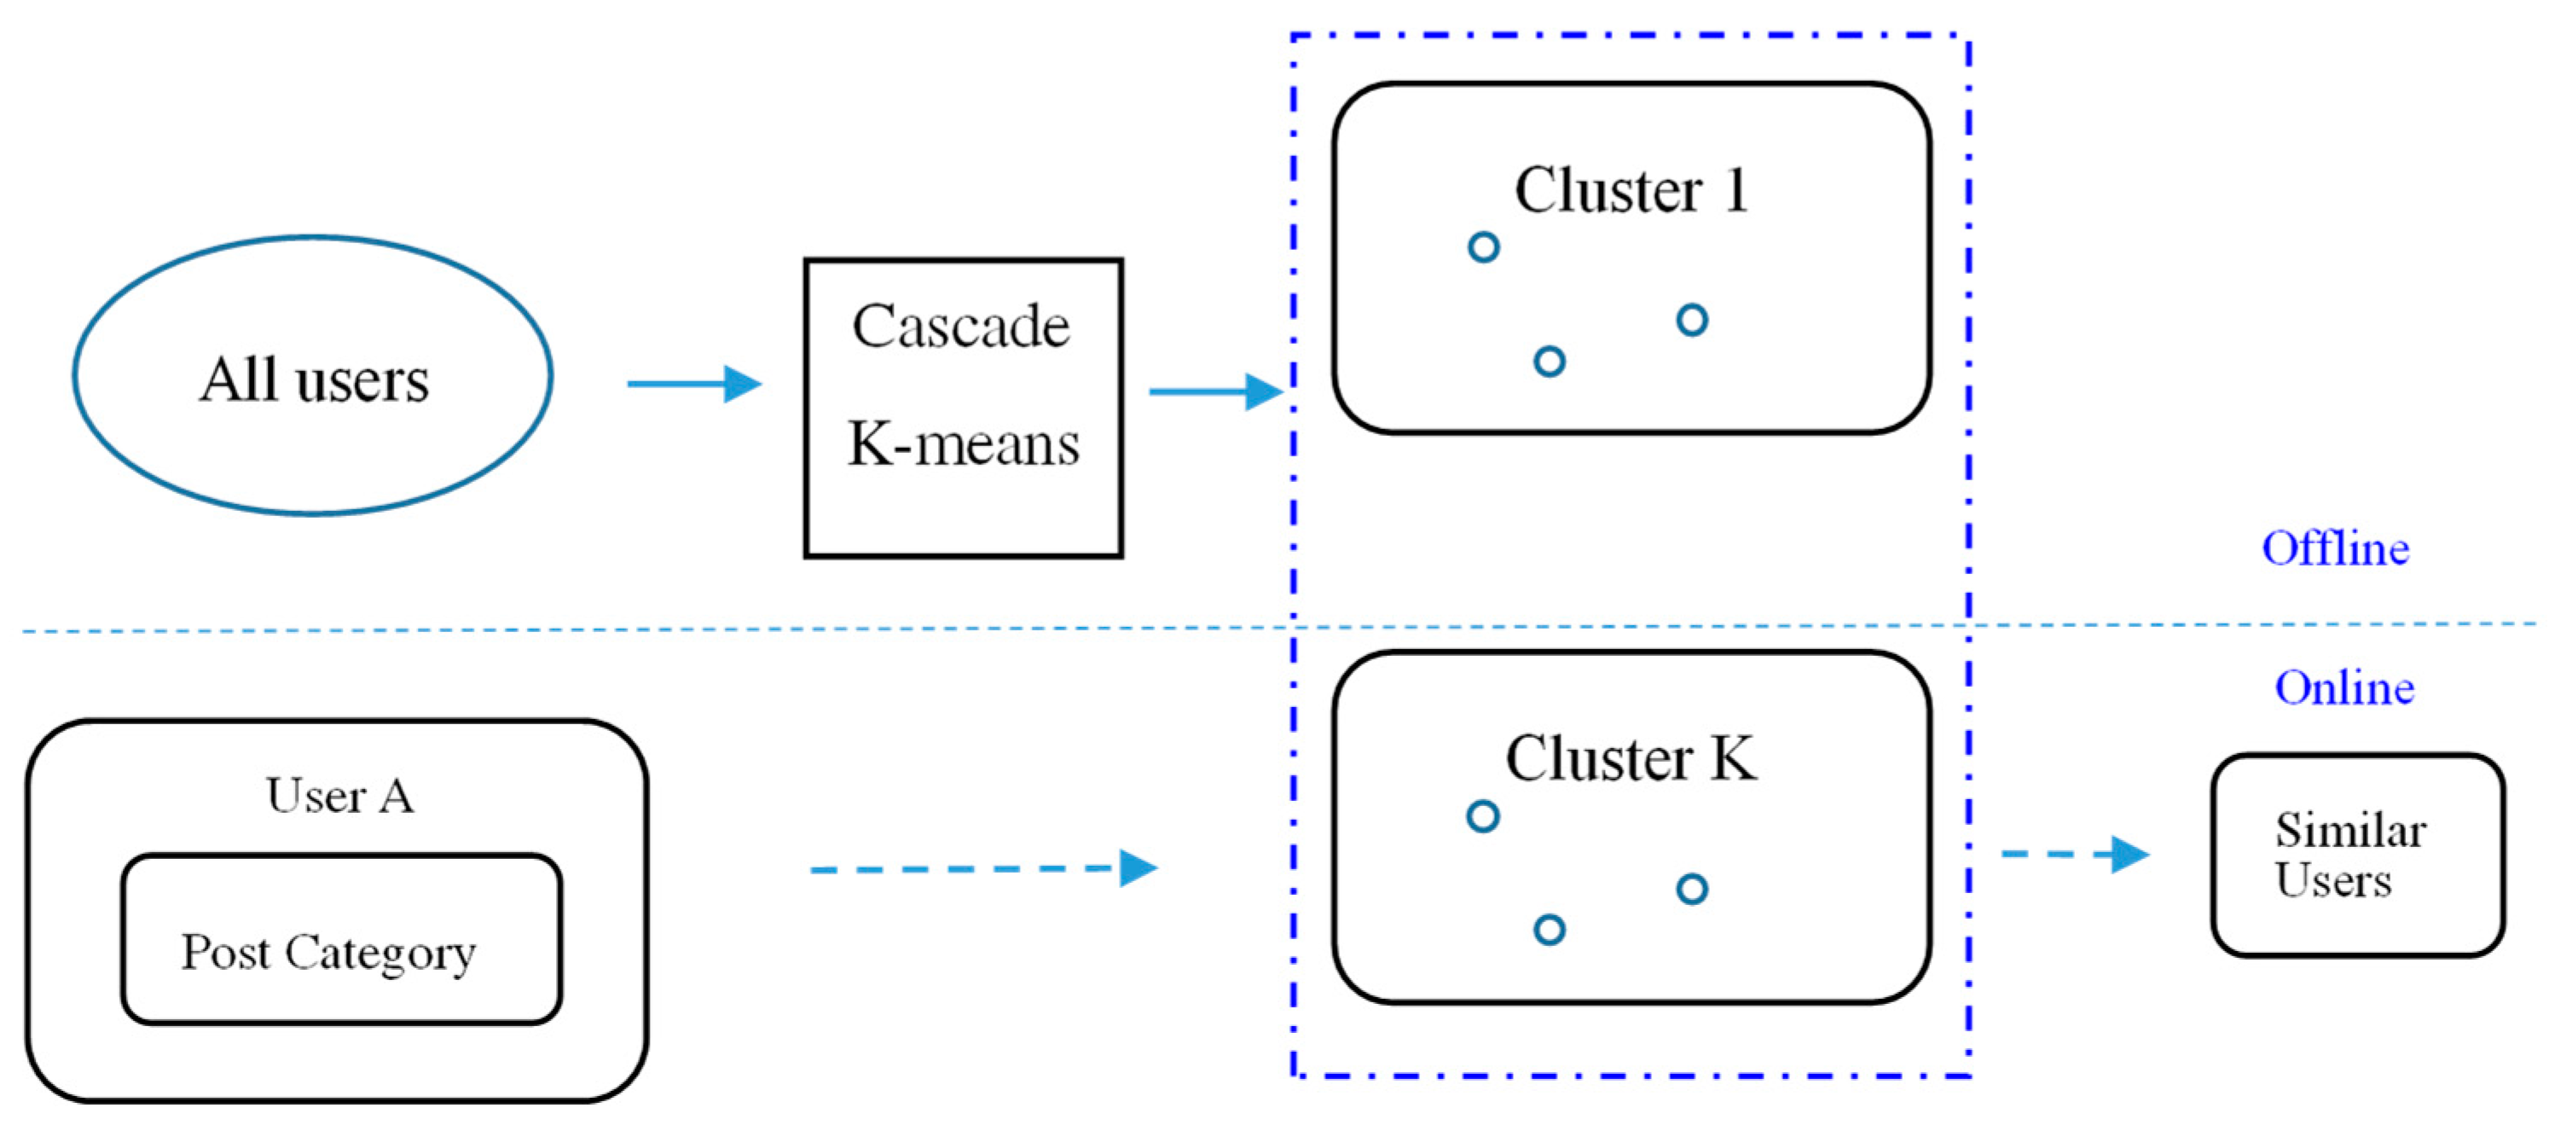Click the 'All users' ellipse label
click(x=314, y=379)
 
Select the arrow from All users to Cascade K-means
click(x=693, y=383)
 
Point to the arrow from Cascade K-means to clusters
click(x=1215, y=391)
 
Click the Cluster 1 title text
click(x=1631, y=189)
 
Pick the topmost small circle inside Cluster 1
click(x=1483, y=247)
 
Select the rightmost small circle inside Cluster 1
click(x=1691, y=321)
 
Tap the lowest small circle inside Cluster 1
click(x=1550, y=361)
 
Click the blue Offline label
click(x=2335, y=548)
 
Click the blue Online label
click(x=2344, y=687)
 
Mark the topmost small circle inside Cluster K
click(x=1482, y=816)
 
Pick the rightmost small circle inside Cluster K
click(x=1691, y=889)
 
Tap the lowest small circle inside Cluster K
click(x=1550, y=930)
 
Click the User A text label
click(x=339, y=796)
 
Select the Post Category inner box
click(x=341, y=938)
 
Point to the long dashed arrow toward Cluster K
click(x=982, y=868)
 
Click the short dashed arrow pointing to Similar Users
click(x=2074, y=853)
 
